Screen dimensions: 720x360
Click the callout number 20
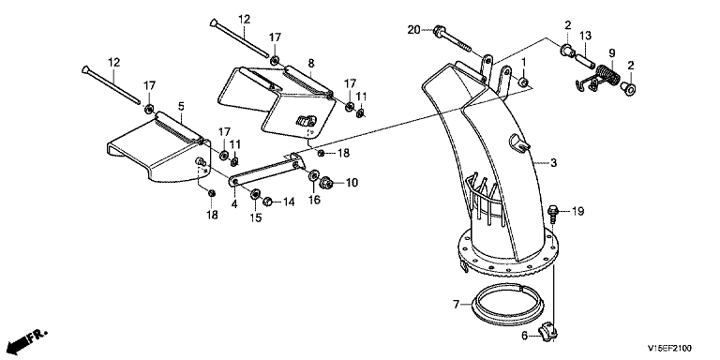tap(413, 30)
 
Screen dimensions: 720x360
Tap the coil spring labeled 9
tap(607, 75)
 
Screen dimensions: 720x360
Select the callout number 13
tap(585, 36)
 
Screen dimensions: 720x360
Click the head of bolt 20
tap(438, 30)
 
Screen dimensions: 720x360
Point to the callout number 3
tap(554, 162)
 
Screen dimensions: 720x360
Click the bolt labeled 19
tap(553, 215)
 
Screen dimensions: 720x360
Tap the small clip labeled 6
tap(547, 331)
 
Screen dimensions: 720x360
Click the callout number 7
tap(456, 304)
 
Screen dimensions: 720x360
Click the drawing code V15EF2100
tap(669, 348)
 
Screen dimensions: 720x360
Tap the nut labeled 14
tap(267, 202)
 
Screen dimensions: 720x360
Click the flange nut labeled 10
tap(327, 182)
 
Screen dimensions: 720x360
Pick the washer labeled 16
tap(314, 175)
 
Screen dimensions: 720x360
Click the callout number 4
tap(234, 203)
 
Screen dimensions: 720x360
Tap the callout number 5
tap(181, 107)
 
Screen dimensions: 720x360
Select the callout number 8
tap(311, 63)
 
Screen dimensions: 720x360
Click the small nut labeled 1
tap(522, 82)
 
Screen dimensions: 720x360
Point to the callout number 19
tap(577, 211)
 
